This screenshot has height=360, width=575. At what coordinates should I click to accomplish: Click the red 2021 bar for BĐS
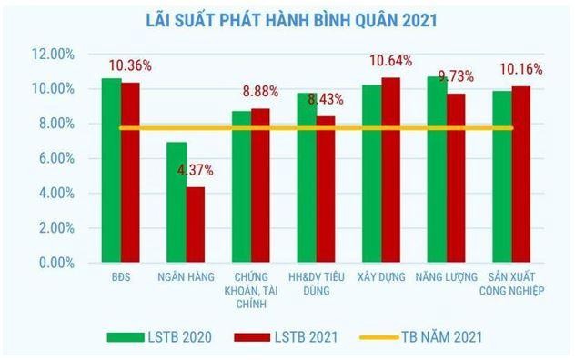(131, 172)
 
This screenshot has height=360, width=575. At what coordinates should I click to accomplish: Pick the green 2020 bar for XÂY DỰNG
(372, 174)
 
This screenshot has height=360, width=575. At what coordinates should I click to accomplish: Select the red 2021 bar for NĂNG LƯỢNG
(456, 178)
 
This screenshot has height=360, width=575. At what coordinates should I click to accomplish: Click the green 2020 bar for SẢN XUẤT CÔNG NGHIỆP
(502, 176)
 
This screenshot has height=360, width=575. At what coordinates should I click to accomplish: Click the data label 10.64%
(390, 61)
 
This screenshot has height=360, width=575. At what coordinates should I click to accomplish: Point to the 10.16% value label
(520, 68)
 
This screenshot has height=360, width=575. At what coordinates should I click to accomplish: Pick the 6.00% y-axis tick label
(56, 159)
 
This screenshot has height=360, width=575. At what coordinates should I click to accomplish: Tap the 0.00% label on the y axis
(56, 263)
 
